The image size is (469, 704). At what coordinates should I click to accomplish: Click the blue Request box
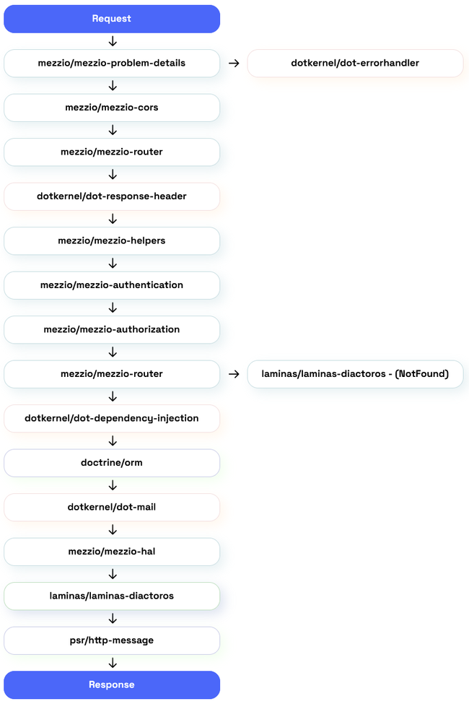112,19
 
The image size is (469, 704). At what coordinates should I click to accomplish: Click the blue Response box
112,685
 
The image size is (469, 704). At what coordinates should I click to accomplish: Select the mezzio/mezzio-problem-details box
112,63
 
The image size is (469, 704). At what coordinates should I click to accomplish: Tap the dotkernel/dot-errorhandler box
355,63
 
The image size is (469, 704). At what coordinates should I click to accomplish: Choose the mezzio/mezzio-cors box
112,108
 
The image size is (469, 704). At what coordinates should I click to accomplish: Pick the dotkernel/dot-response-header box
112,196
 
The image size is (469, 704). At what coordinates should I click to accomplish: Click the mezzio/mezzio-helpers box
112,240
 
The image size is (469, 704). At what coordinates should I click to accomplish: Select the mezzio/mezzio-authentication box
112,285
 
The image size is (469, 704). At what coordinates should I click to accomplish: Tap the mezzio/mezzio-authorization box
112,329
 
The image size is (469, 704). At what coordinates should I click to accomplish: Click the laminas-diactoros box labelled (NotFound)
355,374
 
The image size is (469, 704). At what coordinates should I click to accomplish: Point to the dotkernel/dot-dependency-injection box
112,418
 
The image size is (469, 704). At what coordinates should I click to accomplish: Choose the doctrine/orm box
112,463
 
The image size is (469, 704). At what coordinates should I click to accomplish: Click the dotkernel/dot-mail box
112,507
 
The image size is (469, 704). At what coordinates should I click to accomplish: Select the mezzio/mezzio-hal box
112,552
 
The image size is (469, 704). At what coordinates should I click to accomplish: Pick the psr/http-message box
112,640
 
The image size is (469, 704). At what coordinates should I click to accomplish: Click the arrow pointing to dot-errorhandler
234,64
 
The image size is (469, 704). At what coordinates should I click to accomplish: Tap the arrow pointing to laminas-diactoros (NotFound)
234,374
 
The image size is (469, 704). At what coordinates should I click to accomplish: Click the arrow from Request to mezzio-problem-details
113,41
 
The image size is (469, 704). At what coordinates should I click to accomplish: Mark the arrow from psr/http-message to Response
113,663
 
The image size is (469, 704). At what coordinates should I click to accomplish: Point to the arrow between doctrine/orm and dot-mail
113,485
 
